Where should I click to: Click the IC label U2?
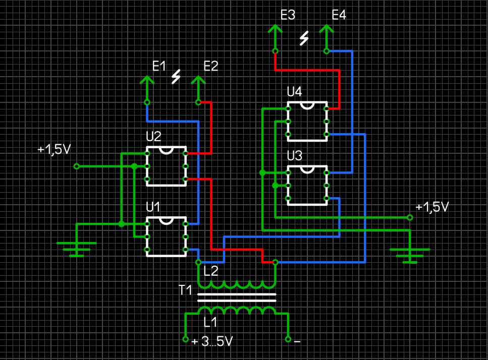pos(153,136)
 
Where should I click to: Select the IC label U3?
pos(294,155)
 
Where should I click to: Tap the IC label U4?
pos(294,92)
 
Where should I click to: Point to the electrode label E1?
pos(159,66)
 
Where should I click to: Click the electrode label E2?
pos(211,66)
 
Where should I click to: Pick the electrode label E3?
pos(288,15)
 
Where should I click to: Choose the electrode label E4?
pos(339,15)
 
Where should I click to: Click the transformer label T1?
pos(185,290)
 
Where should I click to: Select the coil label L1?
pos(210,321)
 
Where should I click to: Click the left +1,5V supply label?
pos(53,150)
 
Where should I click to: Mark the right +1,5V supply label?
pos(432,207)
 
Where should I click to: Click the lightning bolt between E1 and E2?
pos(176,77)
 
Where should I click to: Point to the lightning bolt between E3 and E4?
pos(304,38)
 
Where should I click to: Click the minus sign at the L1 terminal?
pos(297,341)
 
